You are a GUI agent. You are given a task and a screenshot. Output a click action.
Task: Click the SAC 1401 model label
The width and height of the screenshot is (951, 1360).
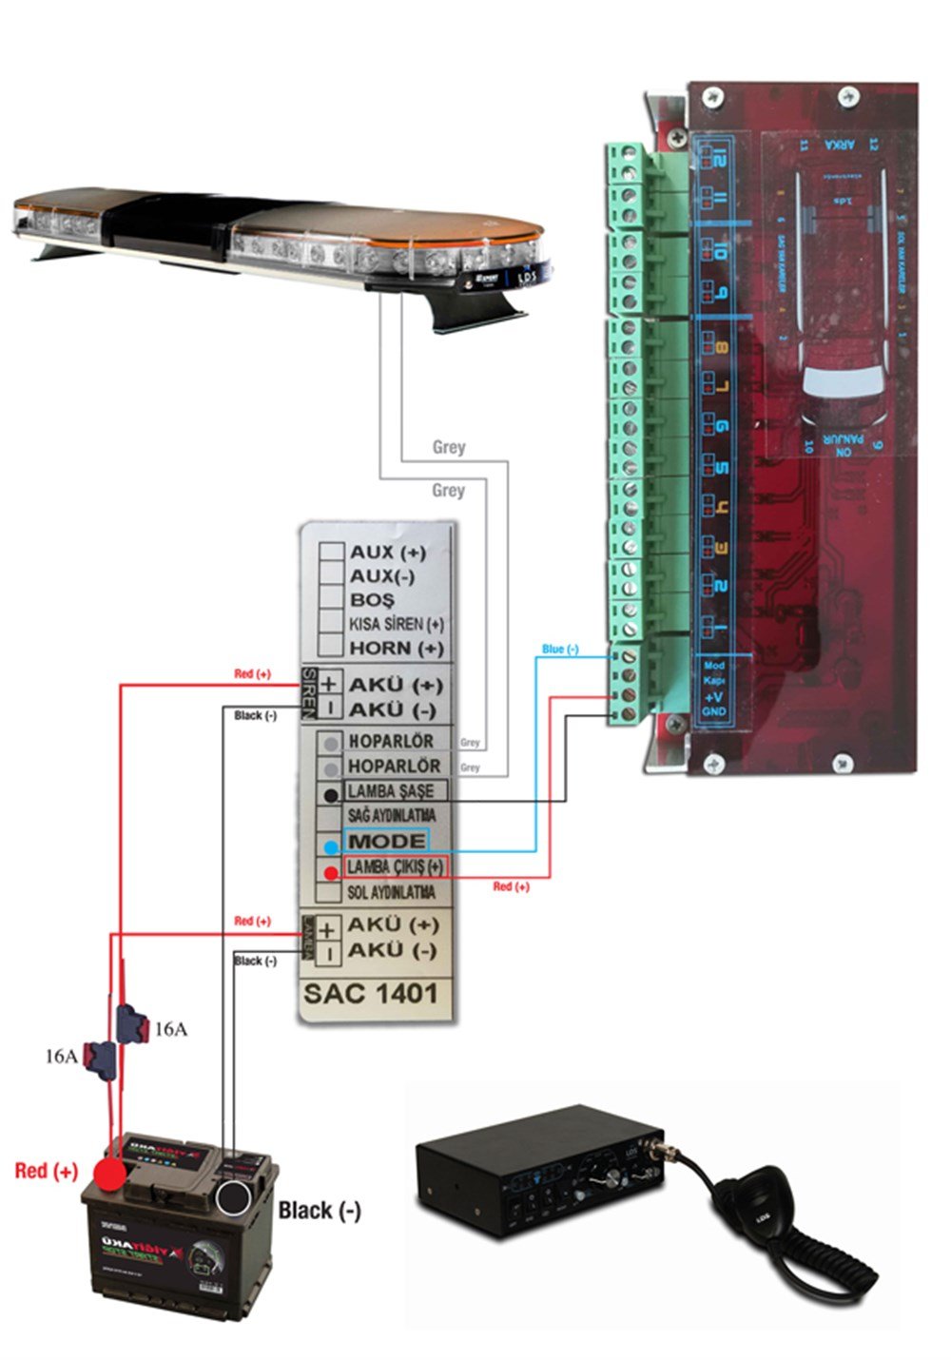tap(371, 994)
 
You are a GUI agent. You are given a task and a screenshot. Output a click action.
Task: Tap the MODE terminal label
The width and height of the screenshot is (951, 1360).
tap(387, 841)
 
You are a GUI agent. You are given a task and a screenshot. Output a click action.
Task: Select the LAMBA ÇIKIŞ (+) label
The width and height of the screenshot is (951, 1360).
tap(395, 866)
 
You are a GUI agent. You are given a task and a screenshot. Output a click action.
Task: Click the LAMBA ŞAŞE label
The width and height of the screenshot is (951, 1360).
tap(390, 790)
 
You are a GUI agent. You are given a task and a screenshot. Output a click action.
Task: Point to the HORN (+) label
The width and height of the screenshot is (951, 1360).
tap(396, 648)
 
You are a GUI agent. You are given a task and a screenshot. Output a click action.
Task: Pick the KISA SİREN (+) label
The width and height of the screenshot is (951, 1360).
tap(396, 624)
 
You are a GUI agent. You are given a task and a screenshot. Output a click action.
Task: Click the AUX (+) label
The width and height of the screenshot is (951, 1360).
tap(388, 552)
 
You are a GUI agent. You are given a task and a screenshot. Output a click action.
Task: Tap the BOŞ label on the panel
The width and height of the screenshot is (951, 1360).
tap(372, 600)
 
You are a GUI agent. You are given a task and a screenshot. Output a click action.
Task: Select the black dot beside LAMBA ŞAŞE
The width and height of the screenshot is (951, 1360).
tap(331, 795)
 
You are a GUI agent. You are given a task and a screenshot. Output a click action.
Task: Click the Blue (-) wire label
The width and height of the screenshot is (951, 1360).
tap(560, 649)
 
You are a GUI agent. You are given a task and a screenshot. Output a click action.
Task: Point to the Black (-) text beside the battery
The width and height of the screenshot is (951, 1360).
tap(320, 1210)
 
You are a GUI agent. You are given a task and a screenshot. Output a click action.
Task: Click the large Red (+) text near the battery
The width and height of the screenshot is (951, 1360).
tap(47, 1170)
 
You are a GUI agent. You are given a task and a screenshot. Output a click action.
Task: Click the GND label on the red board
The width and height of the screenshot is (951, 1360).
tap(713, 711)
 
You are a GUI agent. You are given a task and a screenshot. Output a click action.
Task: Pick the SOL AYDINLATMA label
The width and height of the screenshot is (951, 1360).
tap(391, 892)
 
